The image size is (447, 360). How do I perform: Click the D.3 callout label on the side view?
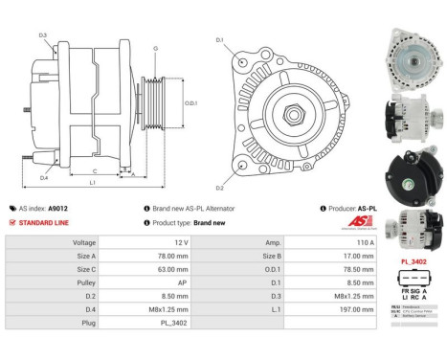click(x=43, y=35)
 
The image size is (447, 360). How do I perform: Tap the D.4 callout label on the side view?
click(x=44, y=178)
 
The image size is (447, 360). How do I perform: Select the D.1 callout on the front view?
click(x=219, y=40)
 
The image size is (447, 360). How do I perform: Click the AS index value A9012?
click(x=58, y=208)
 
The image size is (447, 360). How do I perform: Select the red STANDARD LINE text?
click(x=43, y=223)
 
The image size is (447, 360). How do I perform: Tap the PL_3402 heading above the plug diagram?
click(x=414, y=259)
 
